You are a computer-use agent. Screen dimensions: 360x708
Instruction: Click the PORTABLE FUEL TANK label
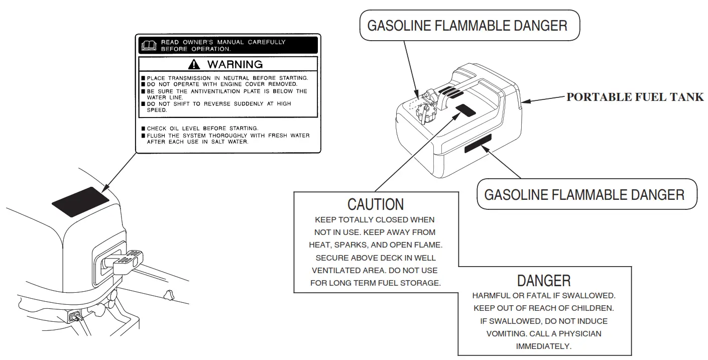tap(635, 97)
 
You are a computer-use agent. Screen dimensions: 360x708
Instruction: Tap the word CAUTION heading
tap(376, 204)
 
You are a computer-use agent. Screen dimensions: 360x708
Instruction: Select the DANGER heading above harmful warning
tap(544, 280)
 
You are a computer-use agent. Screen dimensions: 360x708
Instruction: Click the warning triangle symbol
tap(194, 64)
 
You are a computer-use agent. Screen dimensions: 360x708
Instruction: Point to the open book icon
tap(150, 46)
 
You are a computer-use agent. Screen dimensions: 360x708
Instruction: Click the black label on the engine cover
tap(80, 202)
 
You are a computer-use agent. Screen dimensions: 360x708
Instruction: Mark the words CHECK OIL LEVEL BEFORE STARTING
tap(202, 129)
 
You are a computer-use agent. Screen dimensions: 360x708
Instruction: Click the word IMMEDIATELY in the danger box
tap(544, 346)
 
